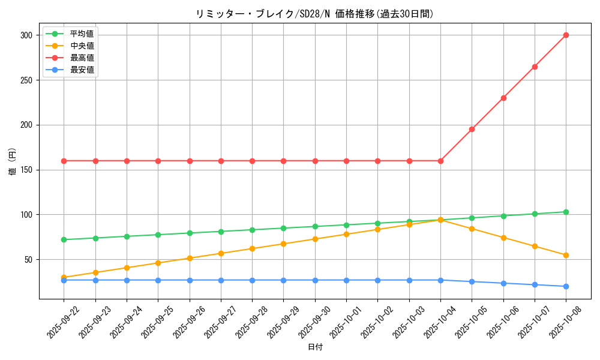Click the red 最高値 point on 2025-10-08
[x=566, y=35]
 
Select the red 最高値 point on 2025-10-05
[x=472, y=129]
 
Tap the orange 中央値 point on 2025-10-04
[x=440, y=220]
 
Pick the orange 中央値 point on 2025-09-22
[x=64, y=277]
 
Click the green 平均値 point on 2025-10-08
[x=566, y=212]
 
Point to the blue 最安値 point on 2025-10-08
[x=566, y=286]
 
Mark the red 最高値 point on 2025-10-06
[x=503, y=98]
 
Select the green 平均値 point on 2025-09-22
[x=64, y=239]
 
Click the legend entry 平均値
[x=82, y=34]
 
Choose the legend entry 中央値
[x=82, y=46]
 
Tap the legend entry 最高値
[x=82, y=58]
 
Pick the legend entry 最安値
[x=82, y=70]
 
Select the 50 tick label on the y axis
[x=30, y=260]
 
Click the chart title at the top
[x=314, y=14]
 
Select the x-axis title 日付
[x=315, y=347]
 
